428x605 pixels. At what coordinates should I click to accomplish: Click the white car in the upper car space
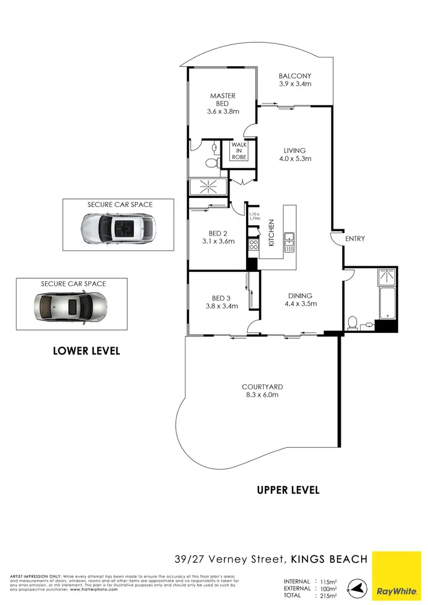pos(118,228)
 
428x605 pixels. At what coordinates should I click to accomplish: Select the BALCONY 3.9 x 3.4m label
pos(294,80)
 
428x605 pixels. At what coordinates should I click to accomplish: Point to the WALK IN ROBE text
pos(239,151)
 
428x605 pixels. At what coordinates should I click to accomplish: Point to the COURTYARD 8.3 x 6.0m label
pos(262,391)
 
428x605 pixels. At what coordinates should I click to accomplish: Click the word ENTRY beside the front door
pos(354,239)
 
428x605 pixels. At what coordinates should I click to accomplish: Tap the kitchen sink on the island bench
pos(289,242)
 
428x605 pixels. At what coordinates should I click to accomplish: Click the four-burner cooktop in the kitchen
pos(253,244)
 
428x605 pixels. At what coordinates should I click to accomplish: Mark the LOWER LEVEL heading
pos(86,351)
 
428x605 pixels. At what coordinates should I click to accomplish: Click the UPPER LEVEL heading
pos(288,490)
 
